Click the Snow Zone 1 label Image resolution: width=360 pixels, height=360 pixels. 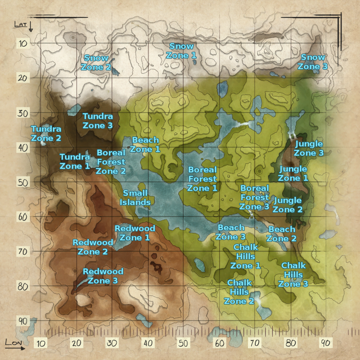coord(181,51)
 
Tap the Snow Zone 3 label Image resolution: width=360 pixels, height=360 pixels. coord(313,62)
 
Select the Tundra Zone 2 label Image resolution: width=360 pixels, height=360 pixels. coord(46,134)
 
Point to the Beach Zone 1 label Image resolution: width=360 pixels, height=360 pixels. coord(145,145)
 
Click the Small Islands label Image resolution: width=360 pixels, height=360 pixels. coord(135,198)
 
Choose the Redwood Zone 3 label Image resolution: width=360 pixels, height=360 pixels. coord(103,276)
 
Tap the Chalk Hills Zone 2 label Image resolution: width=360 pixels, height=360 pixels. coord(239,292)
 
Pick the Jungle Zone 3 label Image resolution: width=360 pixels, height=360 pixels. coord(309,148)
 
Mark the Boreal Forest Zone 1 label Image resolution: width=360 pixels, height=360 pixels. coord(202,179)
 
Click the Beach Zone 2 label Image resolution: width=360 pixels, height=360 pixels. coord(281,234)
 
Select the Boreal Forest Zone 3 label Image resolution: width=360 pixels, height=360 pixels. coord(254,197)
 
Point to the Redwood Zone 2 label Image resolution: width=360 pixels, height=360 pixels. coord(93,247)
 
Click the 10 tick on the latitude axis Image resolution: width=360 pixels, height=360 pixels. coord(23,43)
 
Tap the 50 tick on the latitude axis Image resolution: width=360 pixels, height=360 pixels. coord(23,182)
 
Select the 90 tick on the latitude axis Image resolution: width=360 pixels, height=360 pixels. coord(23,321)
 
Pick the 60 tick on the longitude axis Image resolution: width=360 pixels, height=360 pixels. coord(220,343)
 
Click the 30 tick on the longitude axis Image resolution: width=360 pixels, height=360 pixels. coord(112,343)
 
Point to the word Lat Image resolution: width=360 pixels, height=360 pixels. coord(21,25)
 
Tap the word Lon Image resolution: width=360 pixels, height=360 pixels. coord(14,343)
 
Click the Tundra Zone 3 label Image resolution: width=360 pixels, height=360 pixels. coord(98,121)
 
